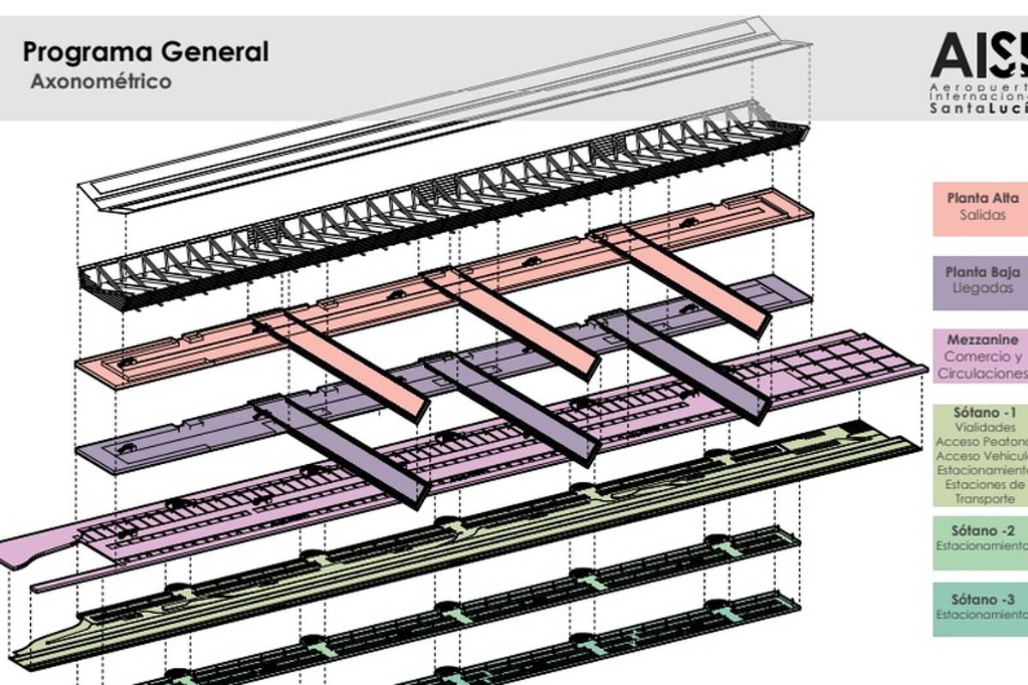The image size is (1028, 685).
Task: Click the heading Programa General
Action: pos(146,51)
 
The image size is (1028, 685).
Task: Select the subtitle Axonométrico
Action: pos(101,82)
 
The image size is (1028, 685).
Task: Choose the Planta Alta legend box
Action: pos(980,207)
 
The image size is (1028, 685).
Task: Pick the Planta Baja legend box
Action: pos(980,281)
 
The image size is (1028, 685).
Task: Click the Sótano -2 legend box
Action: pos(980,541)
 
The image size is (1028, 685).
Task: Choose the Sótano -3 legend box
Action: pos(980,609)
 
